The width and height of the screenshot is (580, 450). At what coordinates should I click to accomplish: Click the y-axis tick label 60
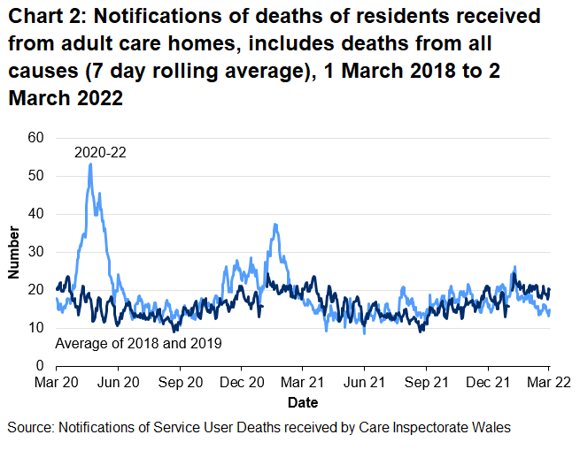(x=35, y=138)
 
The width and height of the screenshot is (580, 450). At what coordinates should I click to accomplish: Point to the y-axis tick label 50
(x=35, y=176)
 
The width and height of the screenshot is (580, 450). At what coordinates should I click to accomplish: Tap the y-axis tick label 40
(x=35, y=214)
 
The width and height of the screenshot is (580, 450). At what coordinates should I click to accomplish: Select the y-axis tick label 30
(x=35, y=252)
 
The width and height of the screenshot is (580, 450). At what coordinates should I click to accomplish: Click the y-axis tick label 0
(x=39, y=365)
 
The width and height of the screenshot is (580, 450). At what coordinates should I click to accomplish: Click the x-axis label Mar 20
(x=57, y=385)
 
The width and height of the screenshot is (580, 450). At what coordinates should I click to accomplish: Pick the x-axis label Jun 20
(x=118, y=385)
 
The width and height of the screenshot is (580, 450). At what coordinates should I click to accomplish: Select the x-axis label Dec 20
(x=241, y=385)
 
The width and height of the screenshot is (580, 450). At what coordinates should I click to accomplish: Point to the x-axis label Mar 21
(x=302, y=385)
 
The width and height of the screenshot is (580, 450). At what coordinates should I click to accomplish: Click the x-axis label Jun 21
(x=364, y=385)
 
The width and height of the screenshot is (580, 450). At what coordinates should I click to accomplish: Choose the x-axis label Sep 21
(x=426, y=385)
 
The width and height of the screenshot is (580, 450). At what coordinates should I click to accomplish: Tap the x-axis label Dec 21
(x=487, y=385)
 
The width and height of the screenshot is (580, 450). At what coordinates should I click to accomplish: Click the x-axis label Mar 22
(x=548, y=385)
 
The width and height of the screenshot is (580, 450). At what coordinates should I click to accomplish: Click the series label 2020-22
(x=100, y=152)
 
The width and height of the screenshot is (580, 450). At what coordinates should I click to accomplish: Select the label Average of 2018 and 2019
(x=138, y=343)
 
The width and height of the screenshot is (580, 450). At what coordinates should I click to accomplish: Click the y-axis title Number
(x=14, y=252)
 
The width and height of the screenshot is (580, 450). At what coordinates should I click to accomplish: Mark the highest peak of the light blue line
(x=90, y=164)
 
